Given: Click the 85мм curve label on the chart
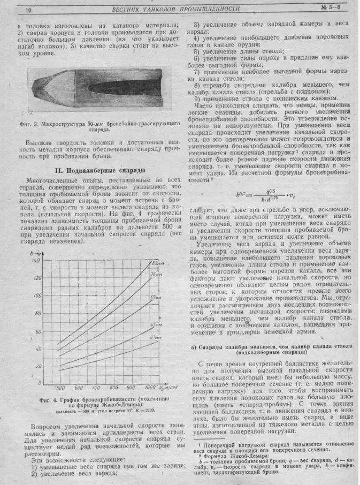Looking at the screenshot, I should (x=157, y=263).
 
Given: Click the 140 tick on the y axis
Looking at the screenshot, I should (x=37, y=260).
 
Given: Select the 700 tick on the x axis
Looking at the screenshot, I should (x=96, y=387).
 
